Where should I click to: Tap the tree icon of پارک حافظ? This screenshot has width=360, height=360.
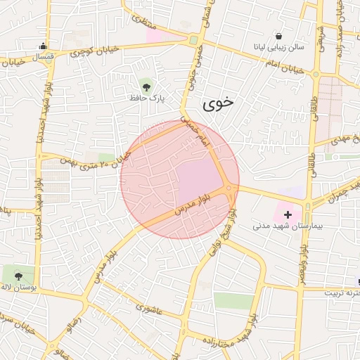click(146, 87)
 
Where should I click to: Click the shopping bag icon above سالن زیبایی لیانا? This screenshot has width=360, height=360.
click(279, 36)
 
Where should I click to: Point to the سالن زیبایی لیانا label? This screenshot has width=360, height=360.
click(279, 46)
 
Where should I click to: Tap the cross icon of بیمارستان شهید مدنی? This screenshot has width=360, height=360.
click(288, 214)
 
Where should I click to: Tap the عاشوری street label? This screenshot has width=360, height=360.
click(148, 308)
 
